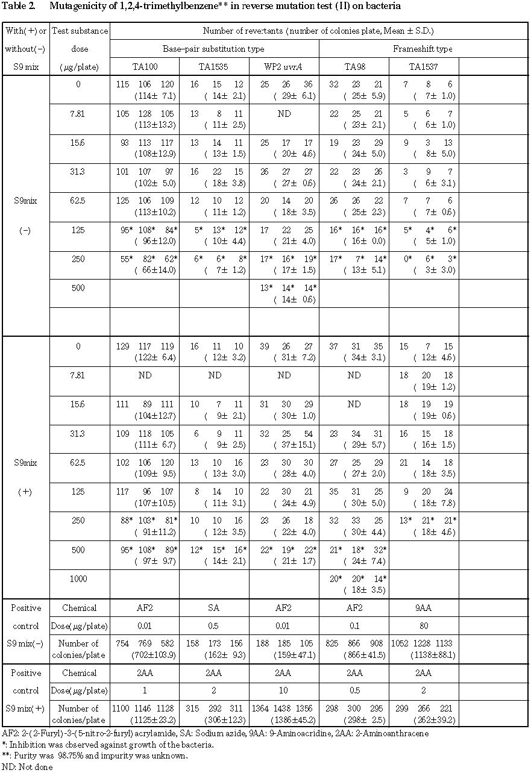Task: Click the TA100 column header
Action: click(x=145, y=66)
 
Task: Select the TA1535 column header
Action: click(x=214, y=66)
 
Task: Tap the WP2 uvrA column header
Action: click(x=283, y=66)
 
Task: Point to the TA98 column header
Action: click(x=354, y=66)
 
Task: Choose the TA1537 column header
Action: click(x=424, y=66)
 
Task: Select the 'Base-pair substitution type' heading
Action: click(x=214, y=48)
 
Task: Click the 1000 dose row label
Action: click(x=78, y=579)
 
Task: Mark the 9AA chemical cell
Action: click(x=424, y=608)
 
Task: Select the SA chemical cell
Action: click(x=214, y=608)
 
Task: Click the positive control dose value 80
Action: click(x=424, y=625)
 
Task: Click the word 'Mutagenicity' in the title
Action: click(x=71, y=6)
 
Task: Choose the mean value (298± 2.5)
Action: click(x=355, y=719)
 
